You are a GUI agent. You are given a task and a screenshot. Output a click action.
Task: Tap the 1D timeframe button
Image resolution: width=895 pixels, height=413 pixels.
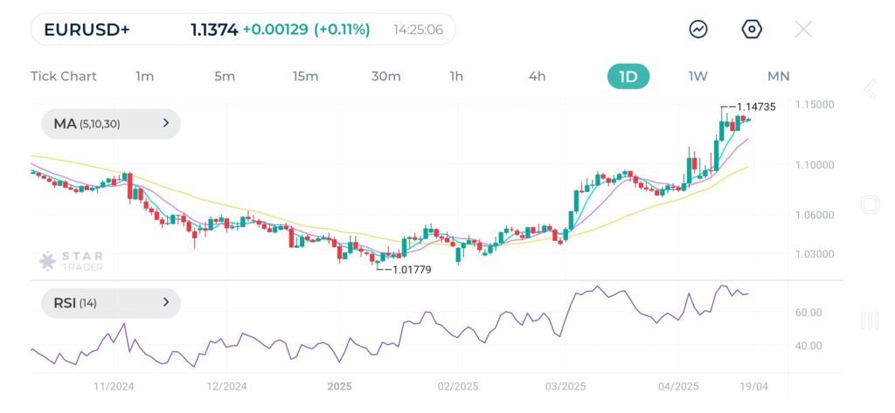pyautogui.click(x=628, y=76)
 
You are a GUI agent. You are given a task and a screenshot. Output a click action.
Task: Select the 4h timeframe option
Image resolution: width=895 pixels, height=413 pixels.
pyautogui.click(x=537, y=76)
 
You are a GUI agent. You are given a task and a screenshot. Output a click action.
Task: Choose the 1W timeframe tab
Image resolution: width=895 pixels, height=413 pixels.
pyautogui.click(x=697, y=76)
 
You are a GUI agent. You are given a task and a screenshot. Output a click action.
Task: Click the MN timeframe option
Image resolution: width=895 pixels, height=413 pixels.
pyautogui.click(x=778, y=76)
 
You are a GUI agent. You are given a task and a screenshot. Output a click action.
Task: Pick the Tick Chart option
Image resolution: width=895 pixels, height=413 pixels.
pyautogui.click(x=64, y=76)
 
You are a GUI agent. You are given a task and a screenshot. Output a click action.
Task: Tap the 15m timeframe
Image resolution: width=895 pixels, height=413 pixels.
pyautogui.click(x=305, y=76)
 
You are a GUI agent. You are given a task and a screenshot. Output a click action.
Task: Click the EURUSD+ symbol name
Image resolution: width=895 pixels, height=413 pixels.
pyautogui.click(x=87, y=30)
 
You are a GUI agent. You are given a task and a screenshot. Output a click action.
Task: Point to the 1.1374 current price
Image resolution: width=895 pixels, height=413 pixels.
pyautogui.click(x=214, y=30)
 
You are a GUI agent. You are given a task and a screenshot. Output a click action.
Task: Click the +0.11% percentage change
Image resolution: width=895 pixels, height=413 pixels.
pyautogui.click(x=342, y=30)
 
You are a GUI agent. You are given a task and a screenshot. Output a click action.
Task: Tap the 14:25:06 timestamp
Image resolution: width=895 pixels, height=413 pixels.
pyautogui.click(x=418, y=30)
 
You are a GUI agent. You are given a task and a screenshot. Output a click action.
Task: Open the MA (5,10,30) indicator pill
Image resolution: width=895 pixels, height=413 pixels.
pyautogui.click(x=111, y=124)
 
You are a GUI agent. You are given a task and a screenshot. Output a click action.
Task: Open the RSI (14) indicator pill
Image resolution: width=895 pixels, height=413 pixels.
pyautogui.click(x=111, y=303)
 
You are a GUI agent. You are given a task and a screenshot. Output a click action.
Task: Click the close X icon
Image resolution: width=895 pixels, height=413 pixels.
pyautogui.click(x=803, y=29)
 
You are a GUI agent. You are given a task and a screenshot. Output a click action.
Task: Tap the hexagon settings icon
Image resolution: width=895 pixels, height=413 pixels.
pyautogui.click(x=752, y=29)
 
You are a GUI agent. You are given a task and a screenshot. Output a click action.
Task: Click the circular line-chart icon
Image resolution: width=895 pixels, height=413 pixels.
pyautogui.click(x=698, y=29)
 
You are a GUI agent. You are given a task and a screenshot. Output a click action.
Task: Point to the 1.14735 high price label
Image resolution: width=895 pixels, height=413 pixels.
pyautogui.click(x=756, y=107)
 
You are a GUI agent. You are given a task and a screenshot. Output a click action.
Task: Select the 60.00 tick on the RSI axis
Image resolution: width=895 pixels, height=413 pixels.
pyautogui.click(x=809, y=313)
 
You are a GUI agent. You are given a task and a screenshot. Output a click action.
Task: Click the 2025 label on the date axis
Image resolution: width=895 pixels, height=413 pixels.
pyautogui.click(x=339, y=385)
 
